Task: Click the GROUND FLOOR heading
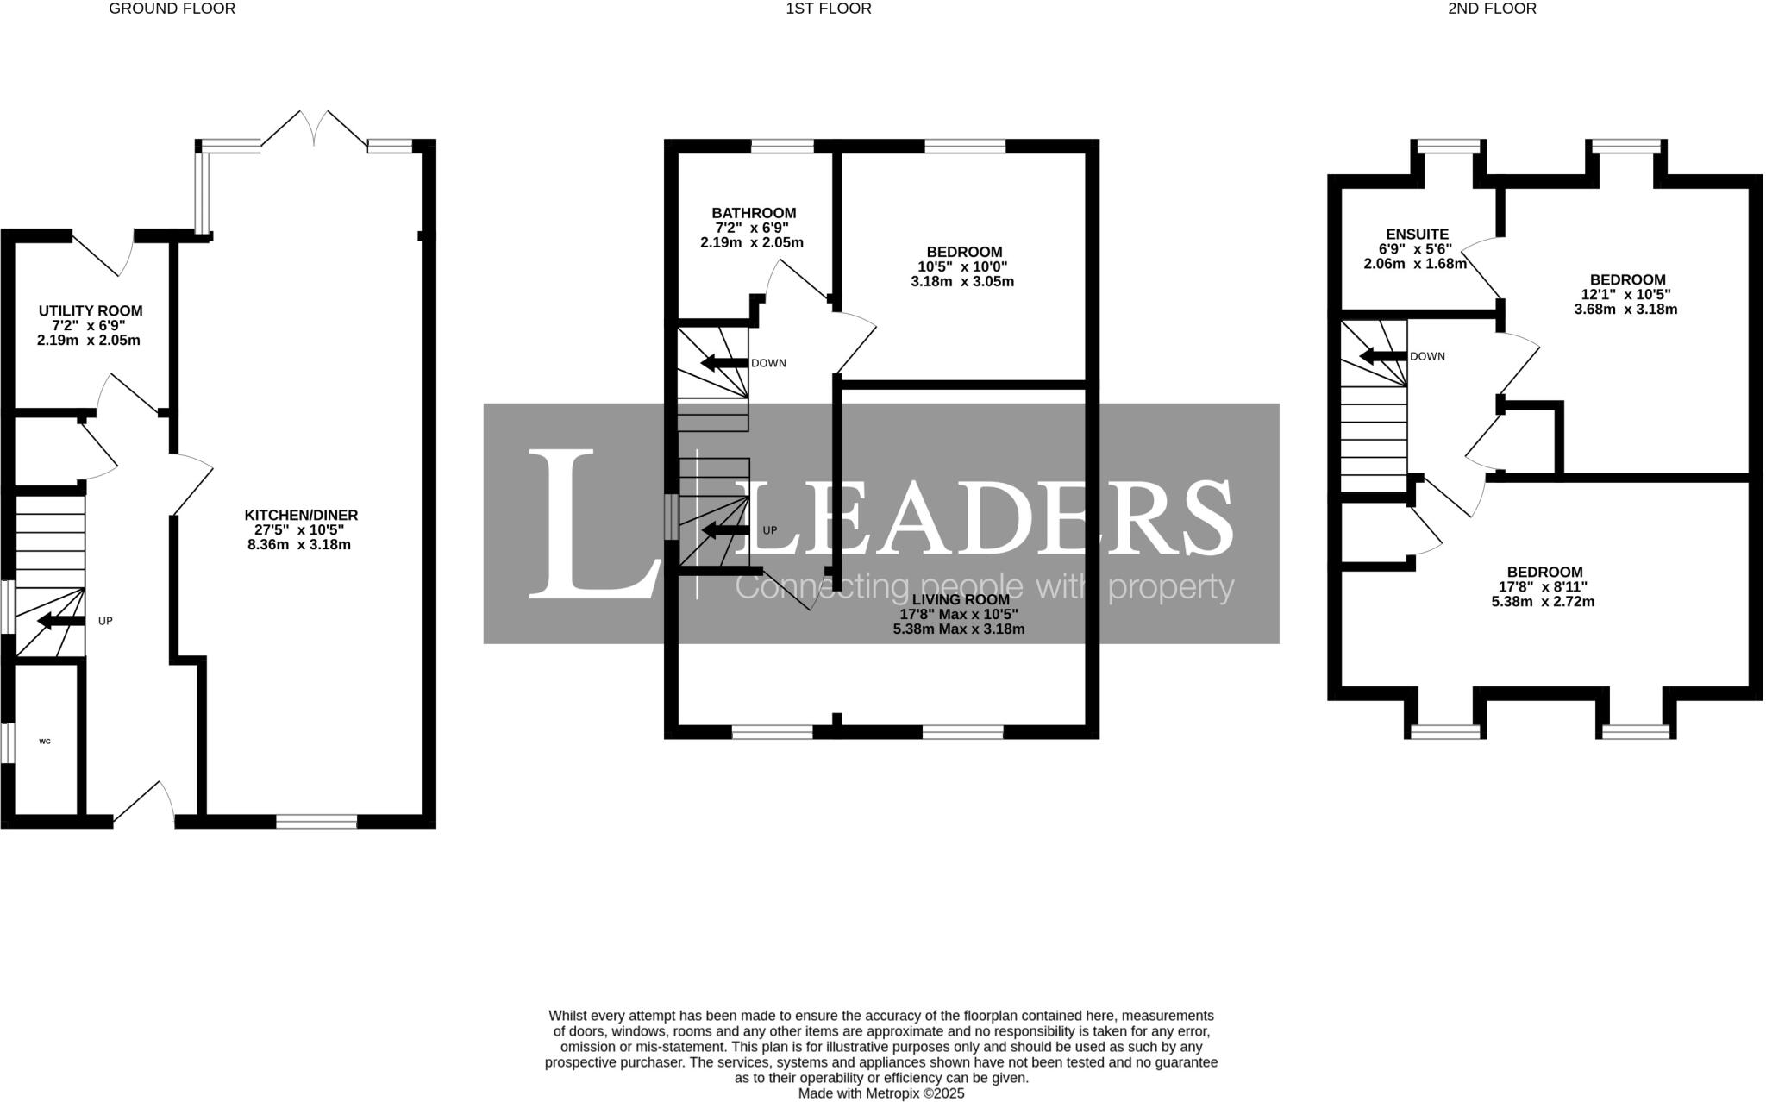[x=172, y=9]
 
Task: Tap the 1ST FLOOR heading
[x=828, y=9]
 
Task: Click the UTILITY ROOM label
[x=91, y=310]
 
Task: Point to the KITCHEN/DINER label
[x=300, y=515]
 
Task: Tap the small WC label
[x=45, y=741]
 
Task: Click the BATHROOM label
[x=754, y=213]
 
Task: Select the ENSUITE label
[x=1417, y=235]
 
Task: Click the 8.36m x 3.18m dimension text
[x=298, y=545]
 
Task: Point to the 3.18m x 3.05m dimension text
[x=962, y=281]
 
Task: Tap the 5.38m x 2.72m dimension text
[x=1543, y=602]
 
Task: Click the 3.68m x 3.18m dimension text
[x=1625, y=309]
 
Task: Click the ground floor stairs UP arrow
[x=59, y=621]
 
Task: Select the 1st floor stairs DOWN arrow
[x=723, y=363]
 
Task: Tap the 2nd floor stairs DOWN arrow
[x=1382, y=356]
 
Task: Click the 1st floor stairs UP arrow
[x=724, y=530]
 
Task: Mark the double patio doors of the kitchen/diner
[x=314, y=129]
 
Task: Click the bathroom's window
[x=782, y=146]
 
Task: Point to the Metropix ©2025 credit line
[x=880, y=1093]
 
